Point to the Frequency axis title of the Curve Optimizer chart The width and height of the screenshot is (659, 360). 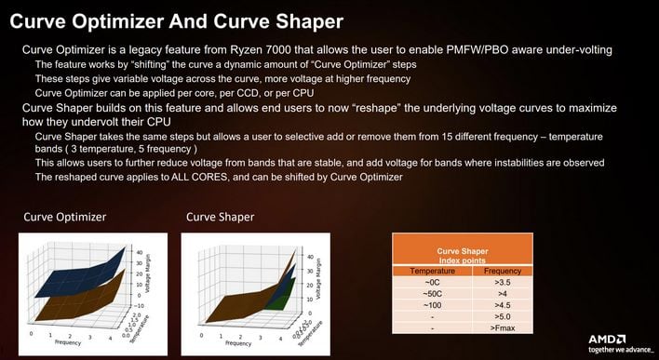pos(68,342)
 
